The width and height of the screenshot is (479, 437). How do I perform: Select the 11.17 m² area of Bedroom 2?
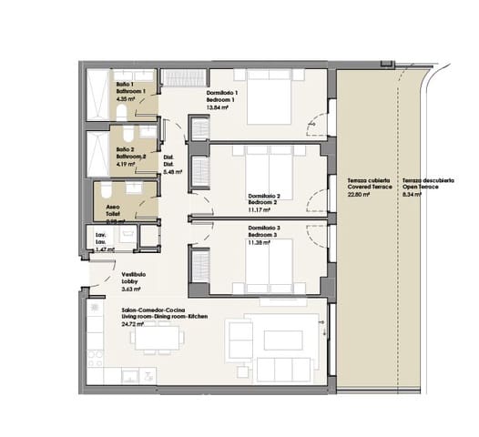point(262,211)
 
